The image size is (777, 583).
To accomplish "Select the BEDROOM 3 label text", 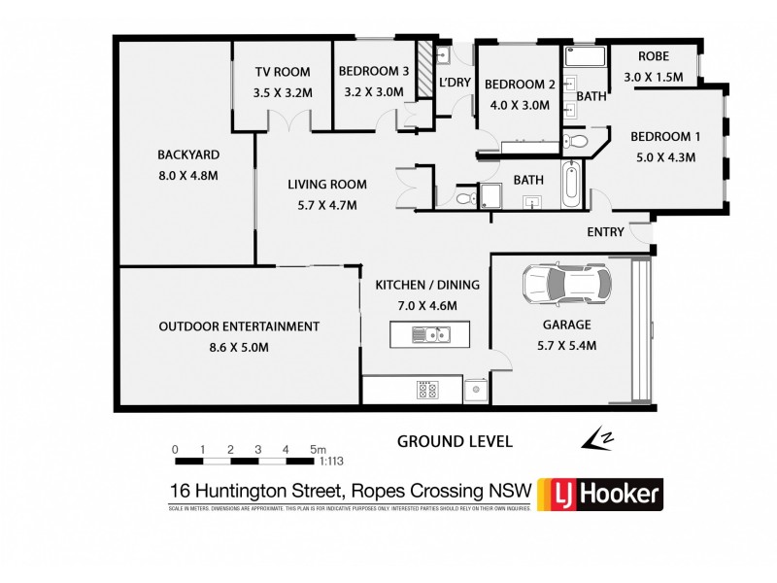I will tap(374, 71).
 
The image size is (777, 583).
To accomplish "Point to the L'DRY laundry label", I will tap(454, 84).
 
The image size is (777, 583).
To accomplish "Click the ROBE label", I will tap(651, 57).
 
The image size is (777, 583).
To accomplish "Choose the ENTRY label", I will tap(606, 232).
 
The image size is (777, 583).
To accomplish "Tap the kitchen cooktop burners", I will tap(427, 391).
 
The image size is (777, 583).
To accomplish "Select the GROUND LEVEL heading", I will tap(455, 441).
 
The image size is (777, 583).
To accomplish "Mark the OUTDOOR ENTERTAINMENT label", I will tap(239, 326).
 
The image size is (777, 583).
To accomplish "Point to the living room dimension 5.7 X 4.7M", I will tap(321, 205).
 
